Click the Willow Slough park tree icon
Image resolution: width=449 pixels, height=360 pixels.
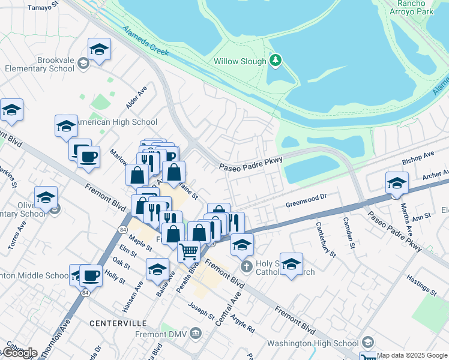(276, 60)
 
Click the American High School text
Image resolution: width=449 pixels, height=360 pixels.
(118, 122)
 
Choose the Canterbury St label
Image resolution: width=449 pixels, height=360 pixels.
(326, 239)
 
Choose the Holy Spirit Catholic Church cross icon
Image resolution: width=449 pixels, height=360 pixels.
(245, 266)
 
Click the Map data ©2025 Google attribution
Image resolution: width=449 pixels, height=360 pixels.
(412, 355)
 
